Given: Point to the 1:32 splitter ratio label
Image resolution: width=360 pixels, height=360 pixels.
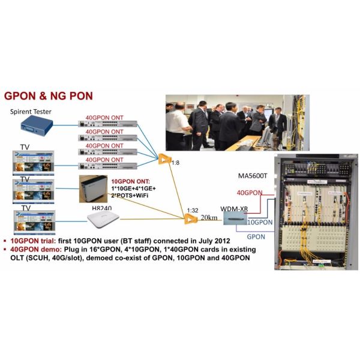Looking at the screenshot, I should (193, 210).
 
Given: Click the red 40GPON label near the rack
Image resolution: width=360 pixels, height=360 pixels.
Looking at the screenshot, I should (248, 193).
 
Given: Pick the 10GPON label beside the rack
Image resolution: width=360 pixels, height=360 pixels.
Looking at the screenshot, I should (260, 222).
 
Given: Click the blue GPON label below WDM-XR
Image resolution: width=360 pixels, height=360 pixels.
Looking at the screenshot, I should (256, 237).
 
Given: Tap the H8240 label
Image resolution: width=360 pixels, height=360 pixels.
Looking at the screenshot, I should (102, 208).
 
